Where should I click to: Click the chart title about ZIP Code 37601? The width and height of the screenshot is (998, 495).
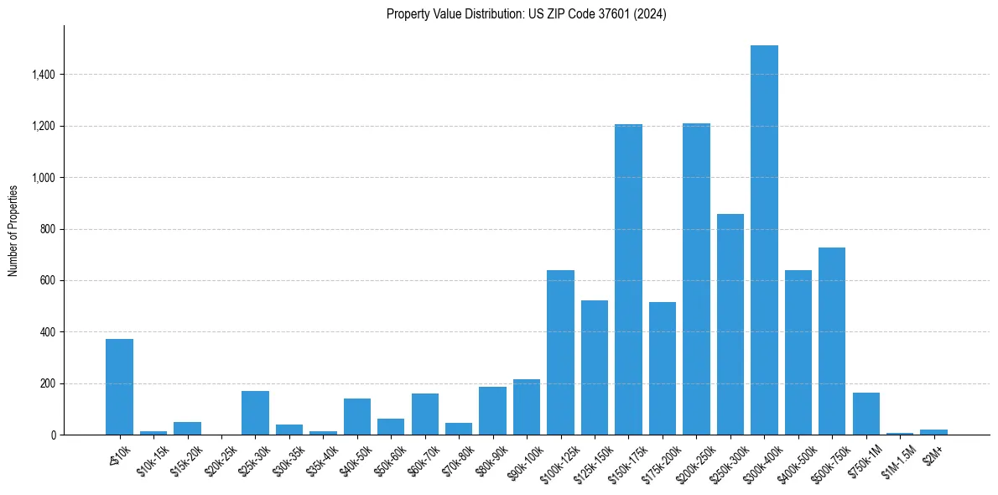[526, 14]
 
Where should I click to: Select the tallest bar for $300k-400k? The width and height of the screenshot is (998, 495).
[764, 240]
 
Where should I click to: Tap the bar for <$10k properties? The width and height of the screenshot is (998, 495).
[119, 387]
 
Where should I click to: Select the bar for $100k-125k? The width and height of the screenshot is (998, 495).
[560, 352]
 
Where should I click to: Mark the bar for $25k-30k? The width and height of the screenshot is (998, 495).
[255, 413]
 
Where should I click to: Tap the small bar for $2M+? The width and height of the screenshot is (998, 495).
[933, 432]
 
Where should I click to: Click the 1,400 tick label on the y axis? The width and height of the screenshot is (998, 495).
[43, 75]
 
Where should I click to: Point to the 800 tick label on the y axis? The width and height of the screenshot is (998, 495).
[47, 229]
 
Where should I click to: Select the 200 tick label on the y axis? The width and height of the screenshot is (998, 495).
[47, 383]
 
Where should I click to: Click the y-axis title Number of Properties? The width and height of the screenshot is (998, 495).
[13, 230]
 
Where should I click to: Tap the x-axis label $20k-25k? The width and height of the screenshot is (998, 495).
[220, 460]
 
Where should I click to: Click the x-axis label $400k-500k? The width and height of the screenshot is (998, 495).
[796, 461]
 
